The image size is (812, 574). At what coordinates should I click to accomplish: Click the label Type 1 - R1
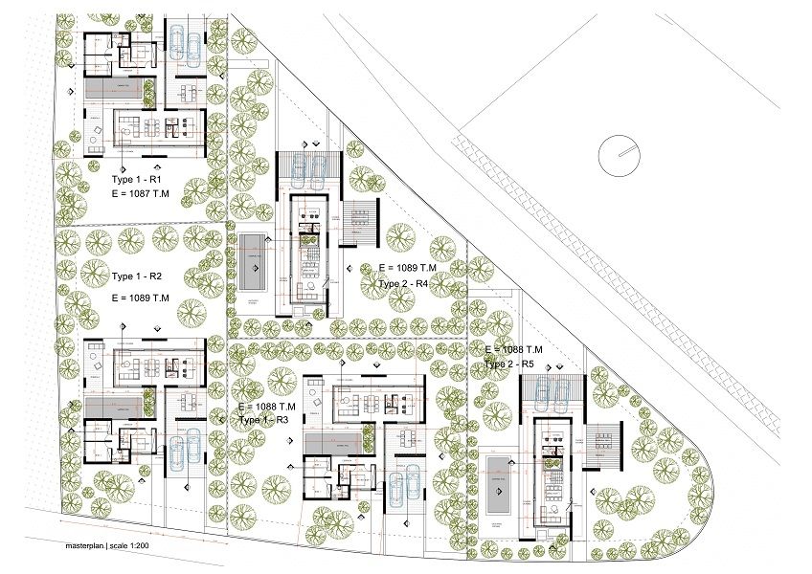coord(141,179)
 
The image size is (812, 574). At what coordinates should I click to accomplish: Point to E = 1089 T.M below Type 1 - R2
coord(141,298)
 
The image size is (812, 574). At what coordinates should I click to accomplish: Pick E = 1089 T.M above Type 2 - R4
coord(408,267)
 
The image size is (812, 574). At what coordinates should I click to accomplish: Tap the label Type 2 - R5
coord(514,364)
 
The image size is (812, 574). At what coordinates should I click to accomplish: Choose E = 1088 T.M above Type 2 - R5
coord(514,350)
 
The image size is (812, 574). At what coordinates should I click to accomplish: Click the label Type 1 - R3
coord(265,420)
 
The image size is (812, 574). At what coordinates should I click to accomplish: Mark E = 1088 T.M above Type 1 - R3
coord(267,407)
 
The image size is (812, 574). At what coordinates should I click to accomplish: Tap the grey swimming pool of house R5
coord(499,485)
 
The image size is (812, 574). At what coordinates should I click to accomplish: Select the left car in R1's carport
coord(179,45)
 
